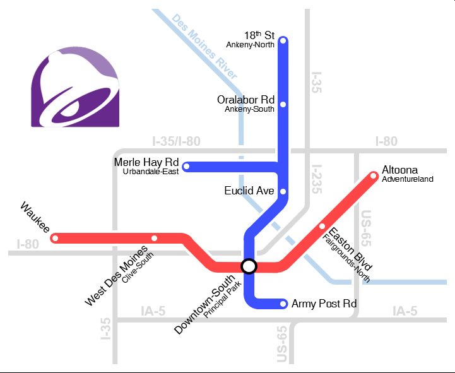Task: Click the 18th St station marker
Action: [283, 41]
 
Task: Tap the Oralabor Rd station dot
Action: [283, 104]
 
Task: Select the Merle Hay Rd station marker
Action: [186, 167]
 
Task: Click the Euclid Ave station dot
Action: [283, 191]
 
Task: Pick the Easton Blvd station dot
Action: [322, 226]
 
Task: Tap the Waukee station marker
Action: [56, 239]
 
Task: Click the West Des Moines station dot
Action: [155, 239]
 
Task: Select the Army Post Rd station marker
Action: [283, 304]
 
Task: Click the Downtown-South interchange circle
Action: [249, 266]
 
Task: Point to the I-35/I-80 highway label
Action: [176, 141]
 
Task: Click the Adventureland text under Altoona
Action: [408, 179]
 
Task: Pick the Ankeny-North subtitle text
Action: [251, 45]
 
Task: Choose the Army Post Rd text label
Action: [324, 304]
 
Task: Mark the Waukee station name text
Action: [35, 217]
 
